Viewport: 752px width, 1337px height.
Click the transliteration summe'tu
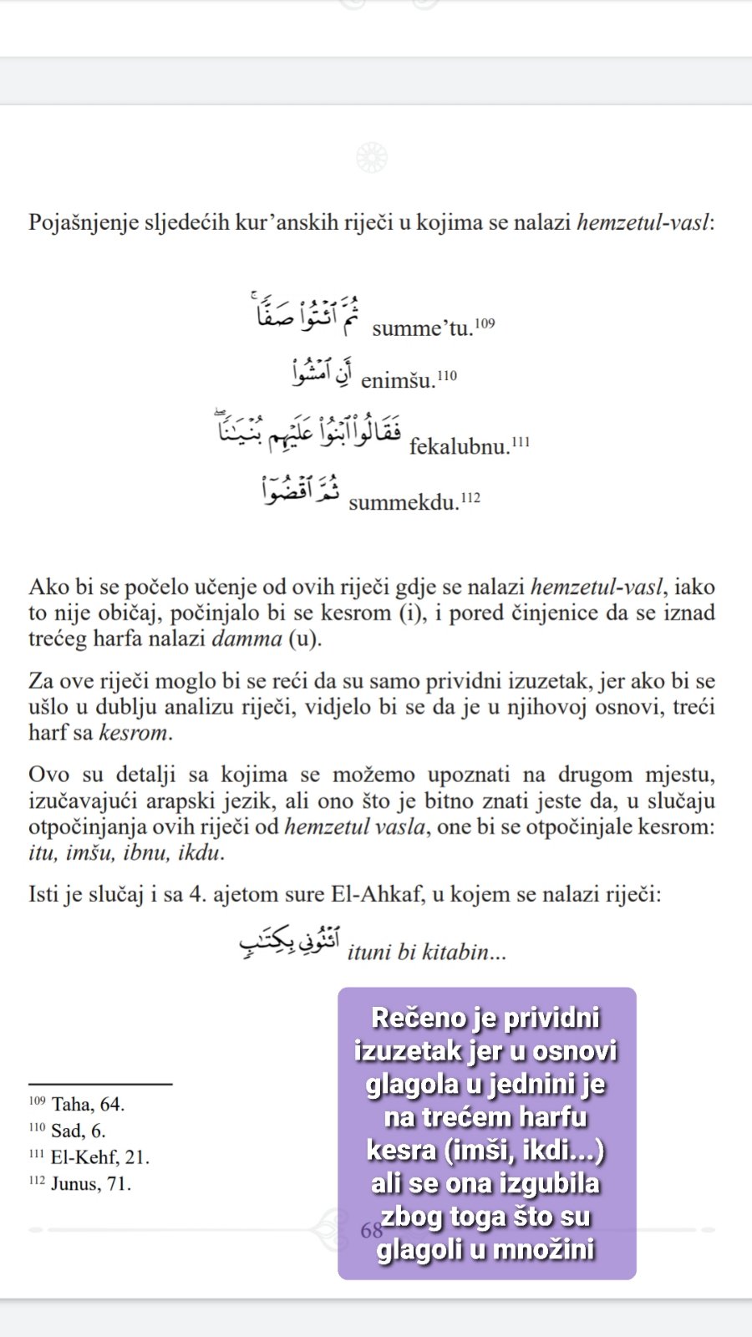click(x=422, y=328)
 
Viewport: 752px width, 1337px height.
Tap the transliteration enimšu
click(x=398, y=381)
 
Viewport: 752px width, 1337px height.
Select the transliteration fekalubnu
click(x=459, y=446)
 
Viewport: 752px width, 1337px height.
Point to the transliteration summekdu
click(x=404, y=503)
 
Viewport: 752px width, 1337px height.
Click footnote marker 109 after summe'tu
click(x=485, y=323)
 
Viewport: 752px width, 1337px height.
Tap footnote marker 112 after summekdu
click(x=470, y=498)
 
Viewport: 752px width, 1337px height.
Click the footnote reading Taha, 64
click(x=87, y=1104)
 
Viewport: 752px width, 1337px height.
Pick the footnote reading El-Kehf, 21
click(x=99, y=1157)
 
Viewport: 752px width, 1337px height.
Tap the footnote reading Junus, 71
click(x=90, y=1184)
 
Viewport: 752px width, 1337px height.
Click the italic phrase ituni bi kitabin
click(x=426, y=952)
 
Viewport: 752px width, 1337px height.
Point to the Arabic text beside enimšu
click(x=323, y=372)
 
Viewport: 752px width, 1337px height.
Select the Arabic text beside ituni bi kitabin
click(x=289, y=943)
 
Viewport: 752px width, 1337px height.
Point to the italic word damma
click(x=247, y=639)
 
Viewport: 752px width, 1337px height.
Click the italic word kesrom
click(x=134, y=733)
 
